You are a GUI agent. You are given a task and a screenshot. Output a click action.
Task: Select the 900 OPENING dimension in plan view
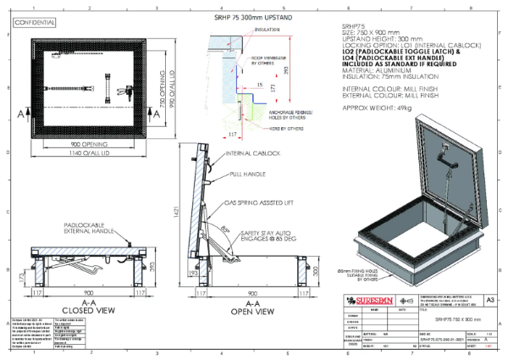(x=91, y=145)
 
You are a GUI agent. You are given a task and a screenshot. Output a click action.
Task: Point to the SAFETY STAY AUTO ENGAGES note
(x=268, y=231)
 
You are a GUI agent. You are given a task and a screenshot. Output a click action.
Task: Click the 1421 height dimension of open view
(x=177, y=219)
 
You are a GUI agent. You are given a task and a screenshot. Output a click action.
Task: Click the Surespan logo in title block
(x=370, y=301)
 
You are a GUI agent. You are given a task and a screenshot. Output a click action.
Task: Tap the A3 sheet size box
(x=490, y=301)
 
